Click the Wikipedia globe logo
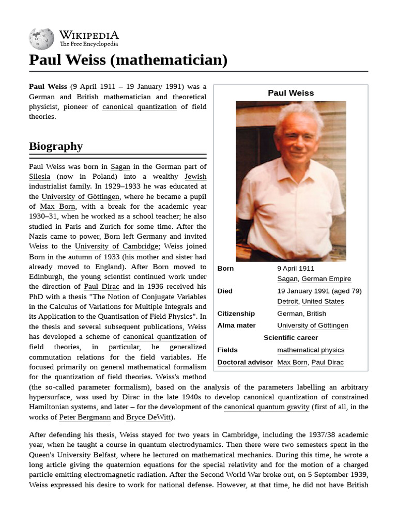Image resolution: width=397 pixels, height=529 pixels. pos(41,39)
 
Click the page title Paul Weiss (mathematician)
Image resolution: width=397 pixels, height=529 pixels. pos(128,60)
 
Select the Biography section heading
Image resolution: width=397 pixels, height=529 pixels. pos(56,146)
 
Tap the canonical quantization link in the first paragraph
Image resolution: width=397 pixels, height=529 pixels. pos(140,107)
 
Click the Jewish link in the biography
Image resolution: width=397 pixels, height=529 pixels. pos(195,177)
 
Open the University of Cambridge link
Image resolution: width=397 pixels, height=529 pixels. pos(117,246)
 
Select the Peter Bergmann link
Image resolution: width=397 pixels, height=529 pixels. pos(84,417)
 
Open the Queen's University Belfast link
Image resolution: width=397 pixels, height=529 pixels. pos(72,455)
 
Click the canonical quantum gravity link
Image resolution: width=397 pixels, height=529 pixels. pos(267,407)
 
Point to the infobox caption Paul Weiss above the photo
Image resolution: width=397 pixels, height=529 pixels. pos(291,93)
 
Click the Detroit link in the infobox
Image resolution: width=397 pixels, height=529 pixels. pos(287,301)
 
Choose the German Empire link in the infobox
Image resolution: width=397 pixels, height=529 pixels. pos(326,279)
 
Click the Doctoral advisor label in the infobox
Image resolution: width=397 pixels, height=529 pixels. pos(245,362)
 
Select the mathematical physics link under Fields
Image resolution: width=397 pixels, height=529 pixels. pos(311,350)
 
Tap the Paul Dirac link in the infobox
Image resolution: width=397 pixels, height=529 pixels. pos(327,362)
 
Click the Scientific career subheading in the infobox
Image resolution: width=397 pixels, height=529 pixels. pos(291,338)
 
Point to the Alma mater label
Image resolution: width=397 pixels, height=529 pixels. pos(237,325)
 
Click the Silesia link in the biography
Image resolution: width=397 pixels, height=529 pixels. pos(40,177)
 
